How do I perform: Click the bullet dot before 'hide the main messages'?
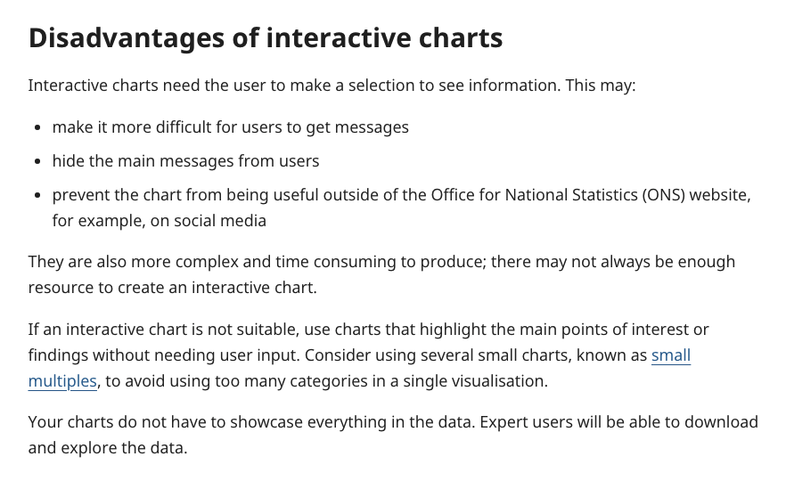[x=38, y=162]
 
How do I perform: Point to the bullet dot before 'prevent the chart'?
[x=38, y=195]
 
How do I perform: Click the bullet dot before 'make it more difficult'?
[x=38, y=128]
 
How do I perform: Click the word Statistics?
[x=605, y=195]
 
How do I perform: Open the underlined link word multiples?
[x=62, y=381]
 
